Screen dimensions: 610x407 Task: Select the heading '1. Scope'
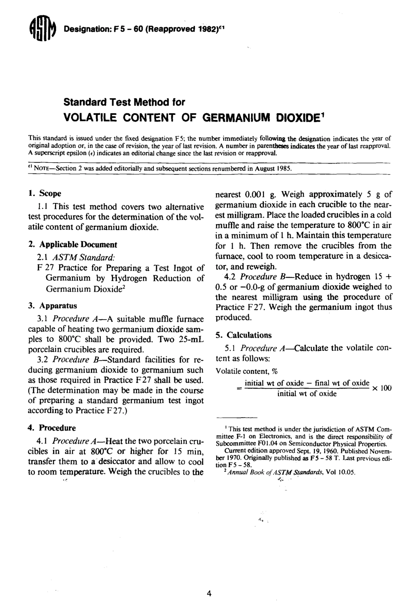[45, 194]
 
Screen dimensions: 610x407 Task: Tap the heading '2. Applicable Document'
[72, 245]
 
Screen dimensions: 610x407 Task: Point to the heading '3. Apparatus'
[52, 305]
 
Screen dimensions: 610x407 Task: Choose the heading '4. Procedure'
[51, 428]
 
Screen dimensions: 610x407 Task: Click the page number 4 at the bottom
[209, 594]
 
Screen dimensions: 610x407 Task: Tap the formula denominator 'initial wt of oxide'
[307, 394]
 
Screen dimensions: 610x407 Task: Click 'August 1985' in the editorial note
[273, 168]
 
